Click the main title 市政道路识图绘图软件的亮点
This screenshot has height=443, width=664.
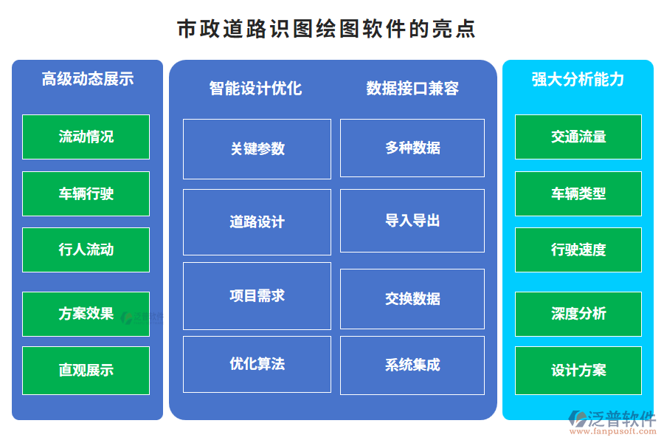(x=326, y=29)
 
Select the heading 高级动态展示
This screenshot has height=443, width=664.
(x=87, y=79)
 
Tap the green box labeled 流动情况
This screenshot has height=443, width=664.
(x=86, y=137)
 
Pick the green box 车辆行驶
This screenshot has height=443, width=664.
(x=86, y=193)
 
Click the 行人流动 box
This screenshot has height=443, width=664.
(x=86, y=250)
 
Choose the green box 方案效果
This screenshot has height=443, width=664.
(x=86, y=314)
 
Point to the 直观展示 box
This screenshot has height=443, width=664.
(x=86, y=370)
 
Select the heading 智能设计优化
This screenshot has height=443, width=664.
(x=255, y=89)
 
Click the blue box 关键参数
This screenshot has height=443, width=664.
(x=257, y=148)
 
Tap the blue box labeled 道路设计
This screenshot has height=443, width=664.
(x=257, y=221)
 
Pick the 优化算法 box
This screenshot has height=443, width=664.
(x=257, y=364)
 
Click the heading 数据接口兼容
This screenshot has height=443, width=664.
(x=412, y=89)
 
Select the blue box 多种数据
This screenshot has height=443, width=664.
(x=412, y=148)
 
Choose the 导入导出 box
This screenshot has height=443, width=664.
(x=412, y=220)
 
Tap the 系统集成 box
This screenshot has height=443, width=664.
(x=412, y=365)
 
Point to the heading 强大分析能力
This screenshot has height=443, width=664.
(x=578, y=79)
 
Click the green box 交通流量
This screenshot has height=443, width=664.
(x=578, y=137)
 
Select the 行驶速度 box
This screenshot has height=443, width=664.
(x=578, y=250)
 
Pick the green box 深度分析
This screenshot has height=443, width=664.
(x=578, y=314)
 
